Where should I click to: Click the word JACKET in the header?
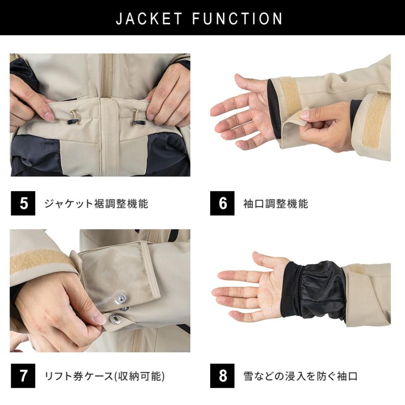coord(149,18)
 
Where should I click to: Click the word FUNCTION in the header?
coord(238,18)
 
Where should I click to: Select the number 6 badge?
coord(222,203)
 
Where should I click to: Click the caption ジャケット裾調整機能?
coord(96,203)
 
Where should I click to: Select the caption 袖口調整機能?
coord(275,203)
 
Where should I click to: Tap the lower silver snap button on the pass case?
coord(115,319)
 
